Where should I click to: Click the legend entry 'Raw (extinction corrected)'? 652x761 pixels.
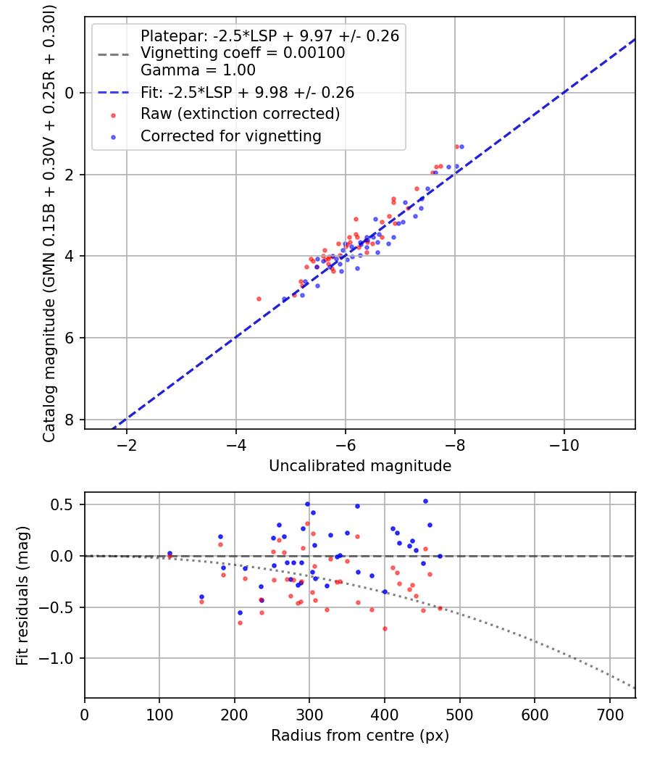coord(240,114)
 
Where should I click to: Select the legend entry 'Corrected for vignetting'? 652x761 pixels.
coord(230,136)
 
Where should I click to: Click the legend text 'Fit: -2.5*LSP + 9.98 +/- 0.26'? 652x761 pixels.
coord(247,92)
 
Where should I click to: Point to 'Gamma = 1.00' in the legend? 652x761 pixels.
coord(198,70)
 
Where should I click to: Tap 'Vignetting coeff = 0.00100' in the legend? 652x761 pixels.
coord(243,53)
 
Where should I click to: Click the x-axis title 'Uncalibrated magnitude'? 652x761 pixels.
coord(360,466)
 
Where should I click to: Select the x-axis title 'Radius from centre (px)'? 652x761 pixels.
coord(360,736)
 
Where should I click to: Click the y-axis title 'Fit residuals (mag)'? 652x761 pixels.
coord(22,595)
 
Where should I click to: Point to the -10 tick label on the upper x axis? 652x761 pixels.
coord(564,444)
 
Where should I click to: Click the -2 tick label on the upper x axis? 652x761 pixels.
coord(127,444)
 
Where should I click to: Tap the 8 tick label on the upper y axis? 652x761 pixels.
coord(70,420)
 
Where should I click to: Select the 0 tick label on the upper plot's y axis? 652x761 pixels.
coord(70,93)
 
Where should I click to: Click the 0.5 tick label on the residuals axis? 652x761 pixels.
coord(66,504)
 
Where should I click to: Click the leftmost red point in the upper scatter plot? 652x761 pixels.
coord(259,299)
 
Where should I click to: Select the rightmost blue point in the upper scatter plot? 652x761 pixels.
coord(461,146)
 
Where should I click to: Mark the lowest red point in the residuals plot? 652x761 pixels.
coord(385,628)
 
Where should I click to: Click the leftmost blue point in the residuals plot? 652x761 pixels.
coord(170,554)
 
